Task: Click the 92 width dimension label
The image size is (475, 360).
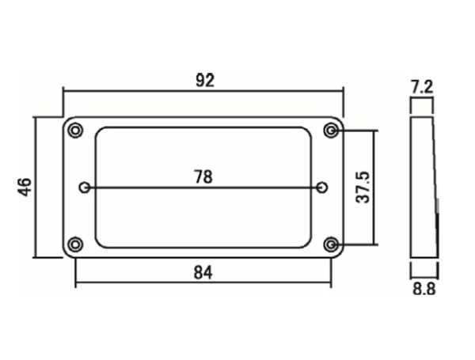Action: (x=205, y=81)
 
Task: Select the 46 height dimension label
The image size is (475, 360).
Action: (x=25, y=188)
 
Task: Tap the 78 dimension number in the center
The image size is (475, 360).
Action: (x=203, y=177)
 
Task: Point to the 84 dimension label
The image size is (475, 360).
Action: (x=203, y=273)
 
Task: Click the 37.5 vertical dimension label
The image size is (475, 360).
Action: (x=363, y=187)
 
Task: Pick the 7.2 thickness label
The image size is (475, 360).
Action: (x=422, y=87)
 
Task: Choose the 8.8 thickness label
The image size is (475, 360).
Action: (x=424, y=289)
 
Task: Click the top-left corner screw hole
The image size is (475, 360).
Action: (x=75, y=131)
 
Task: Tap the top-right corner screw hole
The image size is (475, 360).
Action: (x=331, y=131)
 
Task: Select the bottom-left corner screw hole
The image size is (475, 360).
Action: (x=75, y=244)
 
